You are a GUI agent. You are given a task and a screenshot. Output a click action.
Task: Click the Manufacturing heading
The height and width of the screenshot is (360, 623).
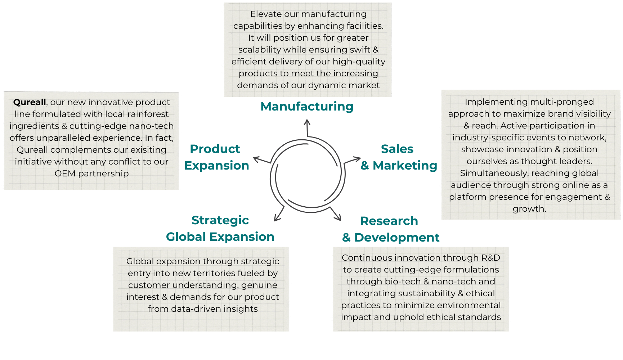307,107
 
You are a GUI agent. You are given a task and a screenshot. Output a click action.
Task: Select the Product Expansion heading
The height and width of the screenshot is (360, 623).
216,157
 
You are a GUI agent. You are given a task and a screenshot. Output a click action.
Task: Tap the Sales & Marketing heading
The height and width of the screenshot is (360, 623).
399,157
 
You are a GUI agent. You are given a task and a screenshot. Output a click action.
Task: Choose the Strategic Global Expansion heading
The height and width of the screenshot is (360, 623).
220,229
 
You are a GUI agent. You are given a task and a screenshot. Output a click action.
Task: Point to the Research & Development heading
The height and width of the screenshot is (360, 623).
391,229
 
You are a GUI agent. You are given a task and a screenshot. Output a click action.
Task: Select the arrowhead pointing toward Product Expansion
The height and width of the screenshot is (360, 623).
257,159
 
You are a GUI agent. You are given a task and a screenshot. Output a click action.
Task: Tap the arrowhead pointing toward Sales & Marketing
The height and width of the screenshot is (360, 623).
357,159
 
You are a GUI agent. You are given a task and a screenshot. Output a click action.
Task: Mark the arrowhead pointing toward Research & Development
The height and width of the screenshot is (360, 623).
338,217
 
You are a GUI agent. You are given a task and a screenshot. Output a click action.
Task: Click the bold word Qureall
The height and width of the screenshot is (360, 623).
30,102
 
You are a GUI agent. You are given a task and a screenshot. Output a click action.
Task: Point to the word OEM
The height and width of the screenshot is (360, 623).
65,174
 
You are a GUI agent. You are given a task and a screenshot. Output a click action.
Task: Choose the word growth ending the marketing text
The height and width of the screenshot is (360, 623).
529,209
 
